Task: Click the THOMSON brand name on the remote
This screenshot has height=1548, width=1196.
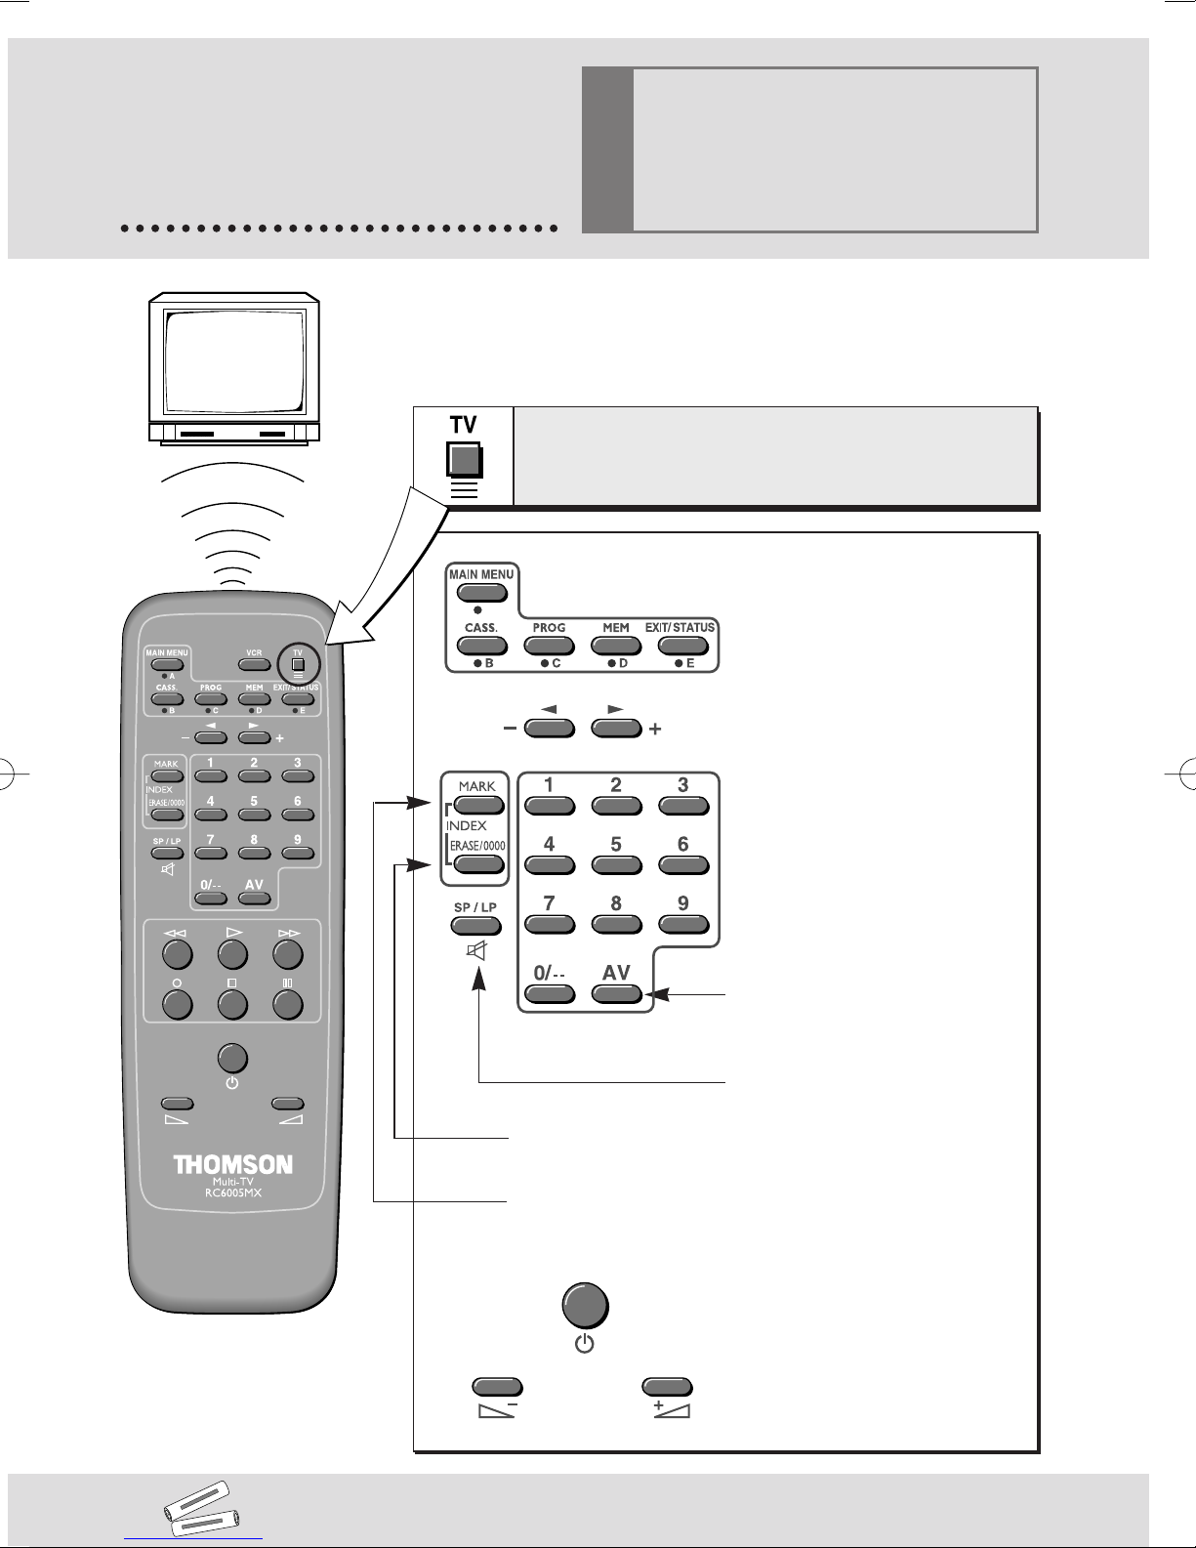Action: (x=232, y=1165)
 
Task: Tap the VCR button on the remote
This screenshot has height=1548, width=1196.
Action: (x=254, y=665)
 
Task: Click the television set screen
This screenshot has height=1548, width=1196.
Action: (x=234, y=360)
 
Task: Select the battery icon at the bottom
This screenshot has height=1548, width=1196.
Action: (x=201, y=1509)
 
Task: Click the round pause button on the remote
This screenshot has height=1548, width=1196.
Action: (x=288, y=1004)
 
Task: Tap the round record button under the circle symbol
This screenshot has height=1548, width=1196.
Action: (x=178, y=1004)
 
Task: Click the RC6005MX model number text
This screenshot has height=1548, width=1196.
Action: (x=233, y=1192)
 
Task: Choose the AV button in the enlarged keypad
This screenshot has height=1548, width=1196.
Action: (x=616, y=994)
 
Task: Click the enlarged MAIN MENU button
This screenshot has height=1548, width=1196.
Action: (x=482, y=593)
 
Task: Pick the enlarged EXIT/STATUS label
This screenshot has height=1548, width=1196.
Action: (x=680, y=628)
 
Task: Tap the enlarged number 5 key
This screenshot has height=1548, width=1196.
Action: (x=616, y=864)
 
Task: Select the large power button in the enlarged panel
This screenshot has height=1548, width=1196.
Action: (x=585, y=1306)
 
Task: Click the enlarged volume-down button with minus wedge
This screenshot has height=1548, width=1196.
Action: (x=498, y=1387)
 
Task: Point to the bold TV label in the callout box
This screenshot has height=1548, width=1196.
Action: (x=463, y=425)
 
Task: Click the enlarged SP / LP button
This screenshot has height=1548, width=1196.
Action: (x=475, y=926)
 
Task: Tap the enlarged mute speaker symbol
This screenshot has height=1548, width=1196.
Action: (x=476, y=950)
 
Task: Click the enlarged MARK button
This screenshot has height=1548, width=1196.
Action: (x=478, y=805)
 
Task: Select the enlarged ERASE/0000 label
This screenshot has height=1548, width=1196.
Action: (x=477, y=846)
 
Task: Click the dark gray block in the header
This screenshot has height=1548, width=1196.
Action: (x=607, y=149)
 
